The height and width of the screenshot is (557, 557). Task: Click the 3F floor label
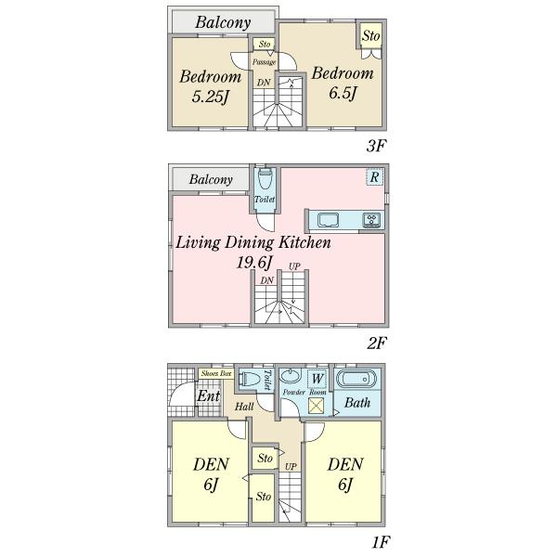pyautogui.click(x=375, y=147)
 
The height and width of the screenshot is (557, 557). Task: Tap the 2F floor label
pyautogui.click(x=375, y=343)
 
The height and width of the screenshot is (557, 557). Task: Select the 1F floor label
pyautogui.click(x=375, y=538)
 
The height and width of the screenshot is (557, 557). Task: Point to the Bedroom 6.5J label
pyautogui.click(x=343, y=83)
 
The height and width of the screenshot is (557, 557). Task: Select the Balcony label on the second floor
pyautogui.click(x=210, y=179)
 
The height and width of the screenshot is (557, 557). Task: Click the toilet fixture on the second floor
pyautogui.click(x=266, y=181)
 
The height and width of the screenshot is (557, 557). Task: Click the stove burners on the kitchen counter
pyautogui.click(x=371, y=220)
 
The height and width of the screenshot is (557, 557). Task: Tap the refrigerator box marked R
pyautogui.click(x=372, y=177)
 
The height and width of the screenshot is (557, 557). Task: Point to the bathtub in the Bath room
pyautogui.click(x=357, y=380)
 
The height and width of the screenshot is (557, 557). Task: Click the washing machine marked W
pyautogui.click(x=317, y=378)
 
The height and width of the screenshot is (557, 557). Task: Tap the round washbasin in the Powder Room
pyautogui.click(x=290, y=379)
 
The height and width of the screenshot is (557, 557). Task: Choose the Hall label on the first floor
pyautogui.click(x=244, y=407)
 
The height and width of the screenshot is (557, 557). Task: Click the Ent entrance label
pyautogui.click(x=208, y=397)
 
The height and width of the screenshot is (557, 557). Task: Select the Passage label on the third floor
pyautogui.click(x=265, y=61)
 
